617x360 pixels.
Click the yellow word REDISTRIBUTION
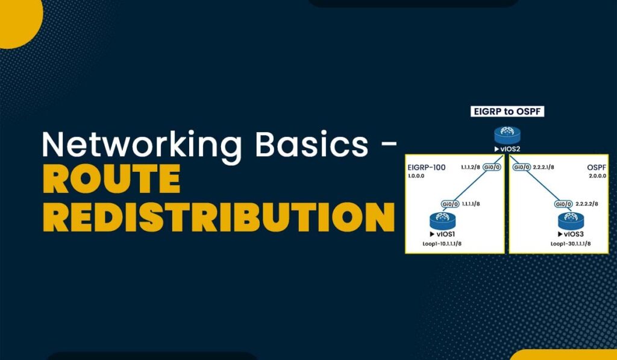tap(219, 217)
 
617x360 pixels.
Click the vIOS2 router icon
tap(506, 135)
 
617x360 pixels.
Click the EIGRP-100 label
tap(426, 167)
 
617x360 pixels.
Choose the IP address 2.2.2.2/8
tap(587, 204)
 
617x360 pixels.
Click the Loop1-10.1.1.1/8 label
tap(446, 244)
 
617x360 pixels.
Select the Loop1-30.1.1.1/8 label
tap(571, 244)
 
